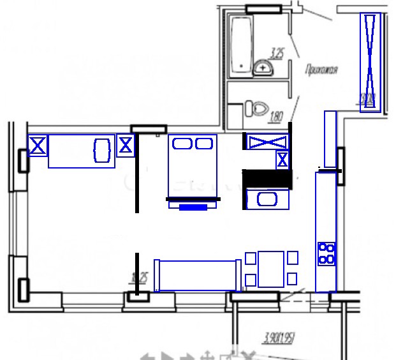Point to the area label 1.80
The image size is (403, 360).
[277, 116]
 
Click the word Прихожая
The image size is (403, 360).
[321, 70]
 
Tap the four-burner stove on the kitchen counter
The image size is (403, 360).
[327, 253]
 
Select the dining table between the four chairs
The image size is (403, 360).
[271, 269]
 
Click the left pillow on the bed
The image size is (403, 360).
[182, 144]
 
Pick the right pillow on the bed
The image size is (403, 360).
[204, 144]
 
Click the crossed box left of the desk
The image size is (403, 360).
[38, 146]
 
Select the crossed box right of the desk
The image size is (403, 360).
[126, 146]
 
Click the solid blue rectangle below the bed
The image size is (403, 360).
[193, 207]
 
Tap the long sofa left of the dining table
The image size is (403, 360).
[198, 275]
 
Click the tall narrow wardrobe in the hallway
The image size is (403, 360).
[371, 62]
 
